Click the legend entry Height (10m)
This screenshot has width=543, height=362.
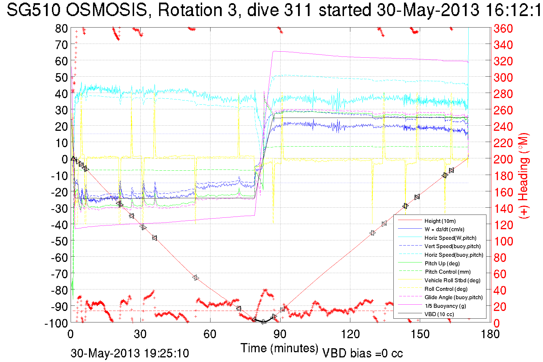pyautogui.click(x=440, y=221)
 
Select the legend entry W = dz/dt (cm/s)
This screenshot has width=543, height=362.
pyautogui.click(x=444, y=229)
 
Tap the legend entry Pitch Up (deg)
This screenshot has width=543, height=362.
pyautogui.click(x=442, y=263)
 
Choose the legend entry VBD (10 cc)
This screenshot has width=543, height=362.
pyautogui.click(x=439, y=314)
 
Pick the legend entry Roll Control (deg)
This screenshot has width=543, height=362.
pyautogui.click(x=446, y=289)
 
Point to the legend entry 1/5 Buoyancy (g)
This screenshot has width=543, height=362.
pyautogui.click(x=445, y=306)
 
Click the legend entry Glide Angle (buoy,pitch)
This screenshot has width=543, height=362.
pyautogui.click(x=453, y=297)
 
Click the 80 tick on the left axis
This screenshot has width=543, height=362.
pyautogui.click(x=61, y=28)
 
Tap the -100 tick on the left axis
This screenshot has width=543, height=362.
pyautogui.click(x=56, y=323)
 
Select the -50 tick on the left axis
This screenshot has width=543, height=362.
pyautogui.click(x=59, y=241)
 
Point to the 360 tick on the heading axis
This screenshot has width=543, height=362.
pyautogui.click(x=503, y=28)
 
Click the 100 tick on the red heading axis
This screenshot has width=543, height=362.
pyautogui.click(x=503, y=241)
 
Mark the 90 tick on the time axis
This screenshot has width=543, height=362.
pyautogui.click(x=280, y=334)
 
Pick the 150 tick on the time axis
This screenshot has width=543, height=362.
pyautogui.click(x=420, y=334)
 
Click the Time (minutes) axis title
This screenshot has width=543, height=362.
pyautogui.click(x=279, y=348)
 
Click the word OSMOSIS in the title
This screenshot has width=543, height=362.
pyautogui.click(x=106, y=10)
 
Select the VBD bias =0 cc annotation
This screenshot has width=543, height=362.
pyautogui.click(x=362, y=353)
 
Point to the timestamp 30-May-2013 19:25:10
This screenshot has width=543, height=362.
pyautogui.click(x=130, y=353)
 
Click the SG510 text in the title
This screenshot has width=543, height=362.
pyautogui.click(x=33, y=10)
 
